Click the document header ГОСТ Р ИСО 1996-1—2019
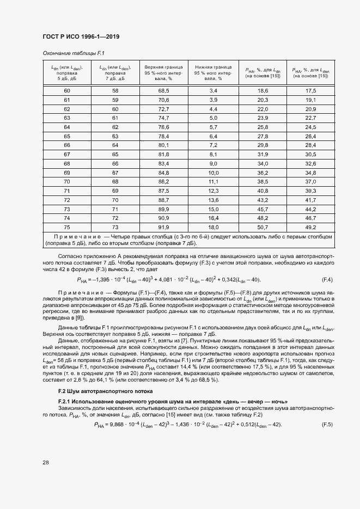[81, 37]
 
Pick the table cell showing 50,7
[263, 226]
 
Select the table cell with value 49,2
[311, 226]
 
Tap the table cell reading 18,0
[213, 226]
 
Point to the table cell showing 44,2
[311, 208]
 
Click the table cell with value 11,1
[213, 181]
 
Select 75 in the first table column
[67, 226]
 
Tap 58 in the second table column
[115, 90]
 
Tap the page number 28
[46, 462]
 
